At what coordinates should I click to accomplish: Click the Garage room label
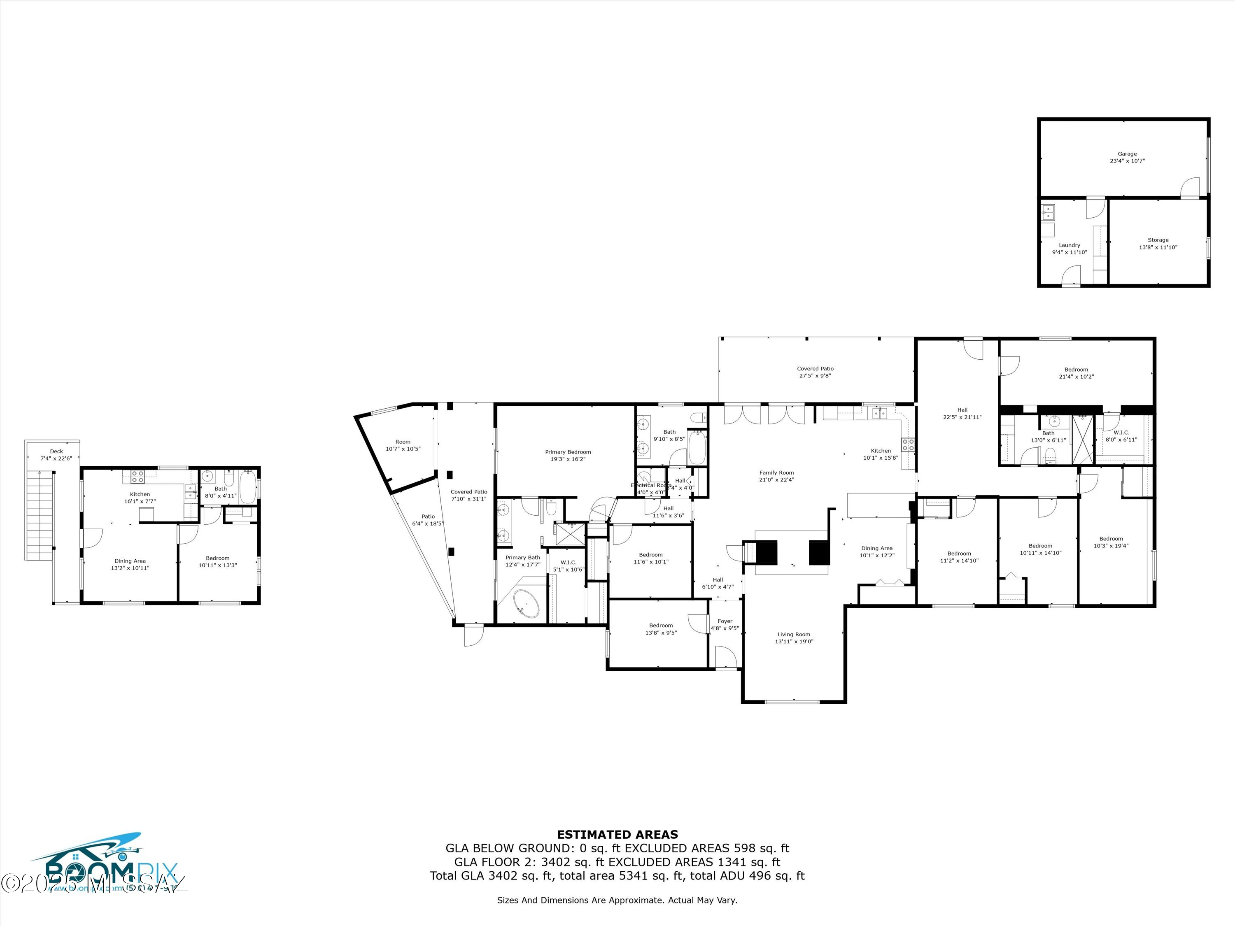coord(1127,157)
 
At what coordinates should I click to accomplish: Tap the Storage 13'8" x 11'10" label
coord(1158,243)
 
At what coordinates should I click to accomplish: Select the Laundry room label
coord(1069,249)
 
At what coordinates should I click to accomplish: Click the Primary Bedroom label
coord(568,456)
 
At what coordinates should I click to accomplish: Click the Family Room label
coord(776,476)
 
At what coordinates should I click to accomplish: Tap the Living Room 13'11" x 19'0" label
coord(793,638)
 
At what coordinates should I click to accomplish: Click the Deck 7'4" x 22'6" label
coord(56,455)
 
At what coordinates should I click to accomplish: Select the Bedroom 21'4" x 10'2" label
coord(1076,373)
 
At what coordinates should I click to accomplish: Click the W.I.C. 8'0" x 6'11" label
coord(1121,436)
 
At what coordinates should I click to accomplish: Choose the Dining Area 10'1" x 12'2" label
coord(876,551)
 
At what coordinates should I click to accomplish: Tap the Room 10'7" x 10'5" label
coord(403,445)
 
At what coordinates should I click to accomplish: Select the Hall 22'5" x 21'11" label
coord(962,413)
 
